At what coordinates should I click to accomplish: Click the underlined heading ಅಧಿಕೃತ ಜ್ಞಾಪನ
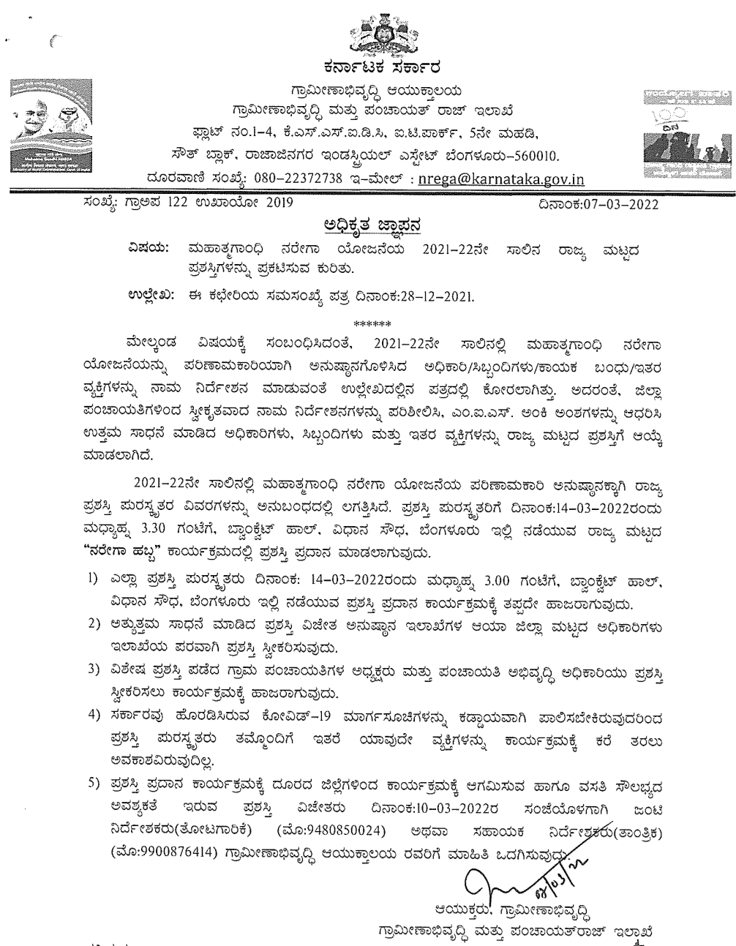(x=368, y=223)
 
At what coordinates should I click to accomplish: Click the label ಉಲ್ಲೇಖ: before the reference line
(x=149, y=297)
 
